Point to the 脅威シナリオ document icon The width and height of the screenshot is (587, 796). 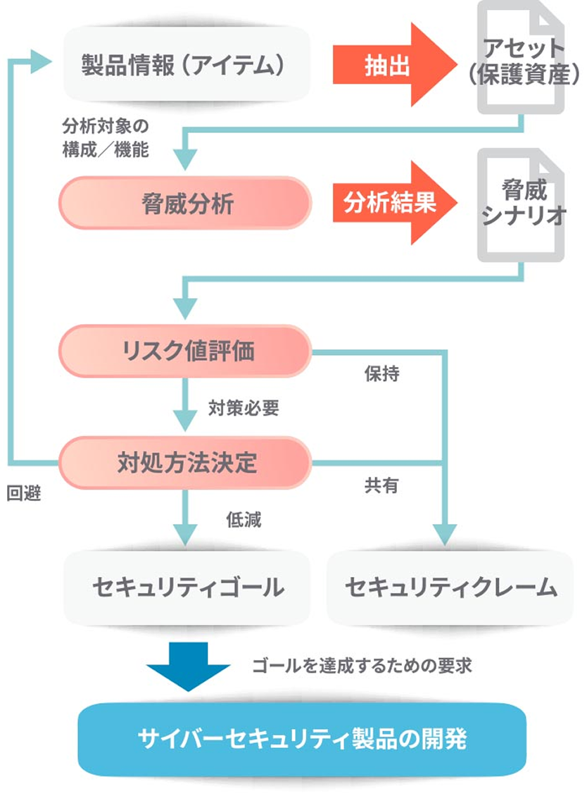(x=522, y=204)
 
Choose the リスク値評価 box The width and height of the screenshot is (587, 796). (x=184, y=351)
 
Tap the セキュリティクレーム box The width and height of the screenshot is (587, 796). (x=450, y=587)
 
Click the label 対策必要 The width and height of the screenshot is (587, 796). (x=243, y=408)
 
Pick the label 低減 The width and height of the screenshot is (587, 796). (x=243, y=520)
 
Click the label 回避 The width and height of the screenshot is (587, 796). (x=24, y=494)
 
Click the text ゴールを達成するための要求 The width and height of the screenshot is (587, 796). (x=362, y=665)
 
